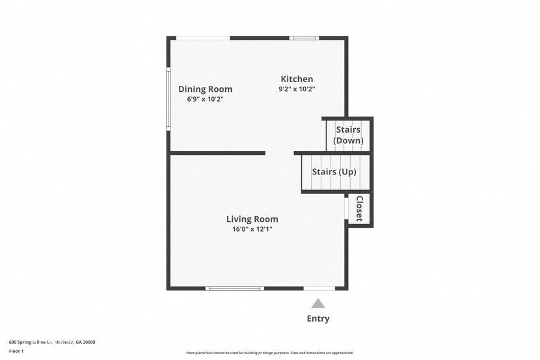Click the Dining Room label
tap(205, 89)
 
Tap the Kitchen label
tap(297, 79)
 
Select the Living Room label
tap(252, 219)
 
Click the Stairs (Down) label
tap(348, 135)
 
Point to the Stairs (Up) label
tap(334, 172)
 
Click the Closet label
tap(358, 208)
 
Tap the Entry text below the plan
tap(318, 318)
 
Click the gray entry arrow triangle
tap(317, 303)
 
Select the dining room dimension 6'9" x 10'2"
tap(205, 100)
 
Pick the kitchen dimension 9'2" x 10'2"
tap(297, 89)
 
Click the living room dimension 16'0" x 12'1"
tap(252, 229)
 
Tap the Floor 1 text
tap(16, 351)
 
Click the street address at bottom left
tap(52, 342)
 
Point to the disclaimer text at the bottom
tap(270, 353)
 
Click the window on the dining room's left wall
tap(168, 98)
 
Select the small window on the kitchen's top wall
tap(303, 38)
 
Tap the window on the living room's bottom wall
tap(234, 288)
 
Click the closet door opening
tap(345, 208)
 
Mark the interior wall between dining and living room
tap(217, 153)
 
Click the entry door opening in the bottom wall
tap(319, 288)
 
